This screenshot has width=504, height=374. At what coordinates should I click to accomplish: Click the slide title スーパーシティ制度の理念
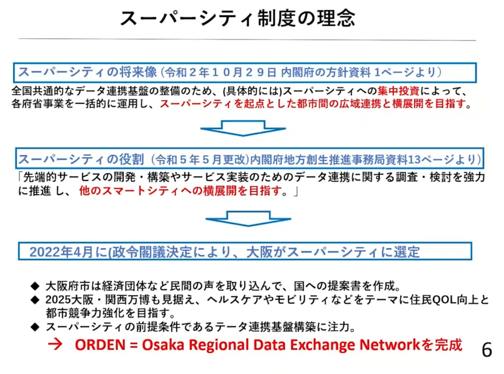click(238, 18)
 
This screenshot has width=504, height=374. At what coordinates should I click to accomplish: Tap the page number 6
click(486, 350)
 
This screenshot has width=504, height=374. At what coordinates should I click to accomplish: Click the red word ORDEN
click(100, 345)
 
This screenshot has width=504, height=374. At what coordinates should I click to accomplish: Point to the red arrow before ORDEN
click(55, 345)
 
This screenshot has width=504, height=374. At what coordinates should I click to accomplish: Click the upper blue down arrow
click(243, 128)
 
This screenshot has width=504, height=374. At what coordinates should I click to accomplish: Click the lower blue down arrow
click(248, 219)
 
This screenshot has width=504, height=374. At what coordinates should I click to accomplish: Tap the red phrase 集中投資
click(399, 91)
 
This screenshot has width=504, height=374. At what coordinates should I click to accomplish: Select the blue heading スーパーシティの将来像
click(87, 72)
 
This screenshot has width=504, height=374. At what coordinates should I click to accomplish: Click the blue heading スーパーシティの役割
click(81, 159)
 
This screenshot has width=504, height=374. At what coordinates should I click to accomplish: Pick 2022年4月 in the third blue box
click(61, 252)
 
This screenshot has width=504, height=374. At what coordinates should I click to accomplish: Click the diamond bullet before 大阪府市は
click(35, 286)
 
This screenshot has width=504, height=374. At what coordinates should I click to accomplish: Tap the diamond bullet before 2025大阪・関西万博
click(35, 300)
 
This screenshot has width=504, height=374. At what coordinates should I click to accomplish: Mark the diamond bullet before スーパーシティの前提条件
click(35, 327)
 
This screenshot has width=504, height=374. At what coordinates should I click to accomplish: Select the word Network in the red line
click(389, 345)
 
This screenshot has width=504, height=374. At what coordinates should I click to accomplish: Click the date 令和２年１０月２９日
click(220, 73)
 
